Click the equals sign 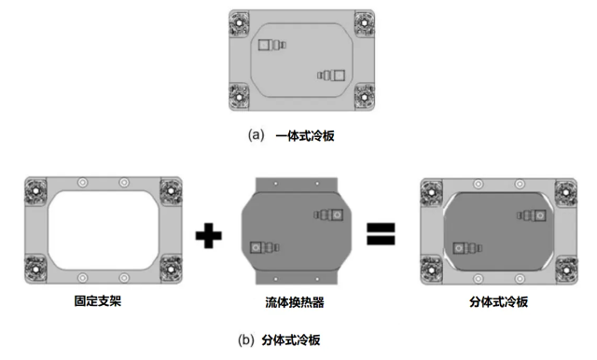[382, 235]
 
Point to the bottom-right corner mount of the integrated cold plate [363, 94]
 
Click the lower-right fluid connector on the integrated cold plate [332, 75]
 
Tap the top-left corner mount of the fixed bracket [35, 191]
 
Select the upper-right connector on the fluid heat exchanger [332, 215]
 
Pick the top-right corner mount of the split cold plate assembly [565, 191]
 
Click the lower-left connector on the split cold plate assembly [464, 248]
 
